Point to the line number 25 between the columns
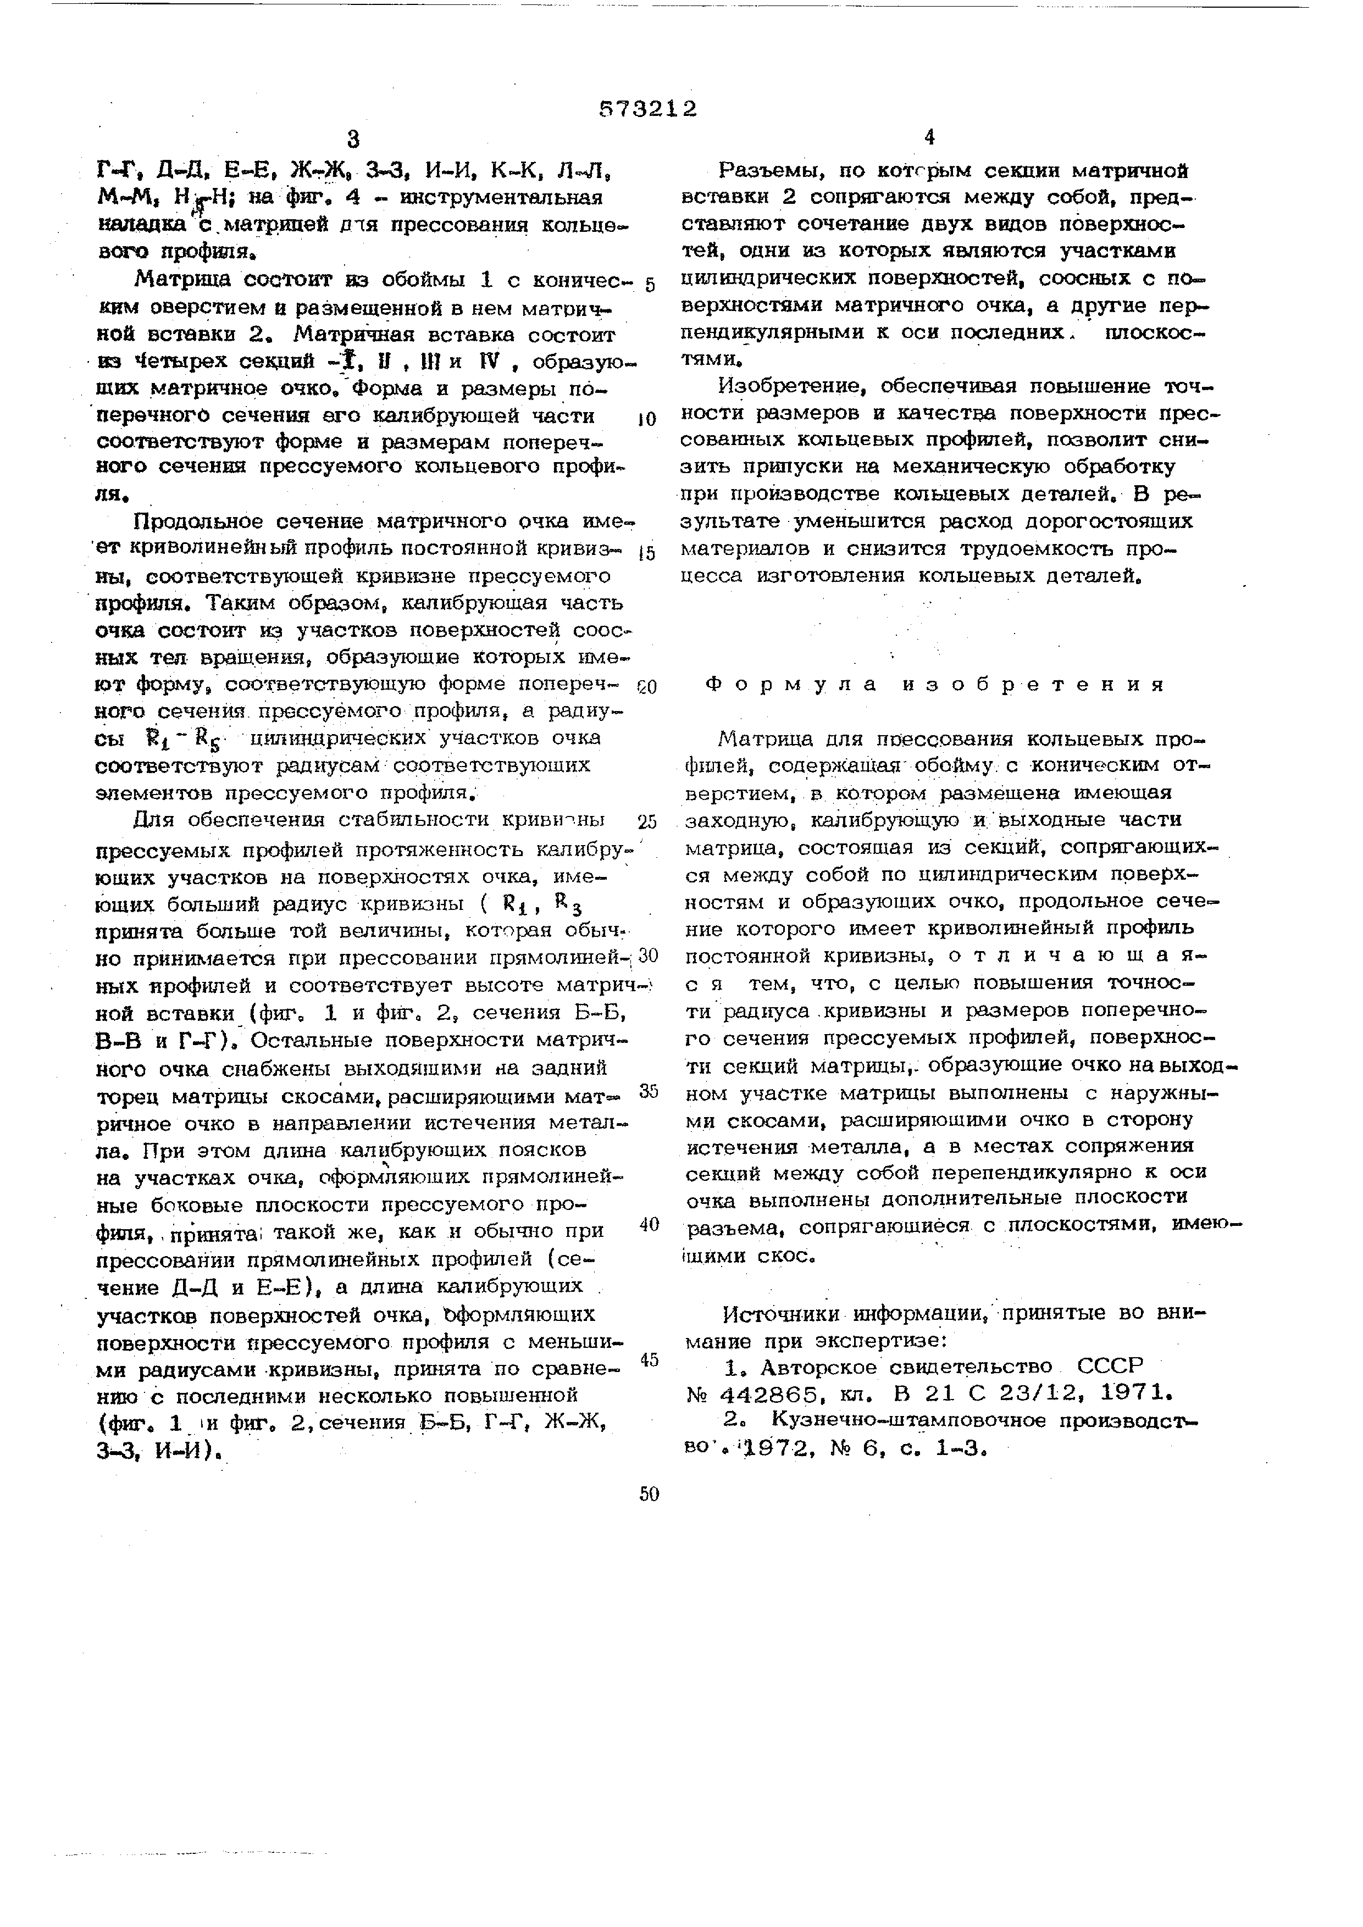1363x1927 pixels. tap(647, 821)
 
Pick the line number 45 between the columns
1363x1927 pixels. tap(649, 1359)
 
